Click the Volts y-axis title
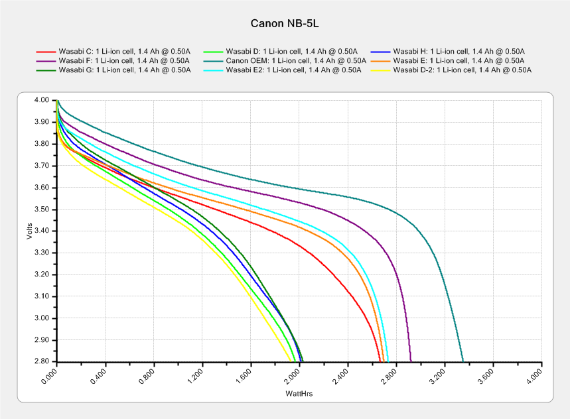click(x=29, y=230)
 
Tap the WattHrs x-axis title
click(x=299, y=394)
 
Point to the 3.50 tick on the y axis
click(x=41, y=209)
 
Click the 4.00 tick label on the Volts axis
click(x=41, y=100)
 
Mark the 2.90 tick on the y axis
click(x=41, y=340)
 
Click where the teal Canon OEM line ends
click(x=463, y=361)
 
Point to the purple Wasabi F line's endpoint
click(x=411, y=361)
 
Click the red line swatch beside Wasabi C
click(x=45, y=51)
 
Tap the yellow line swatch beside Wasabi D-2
click(x=380, y=70)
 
